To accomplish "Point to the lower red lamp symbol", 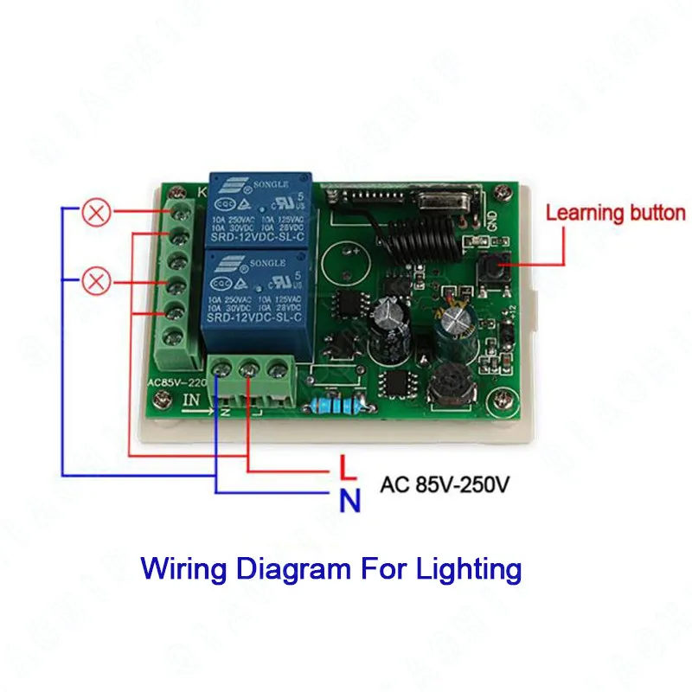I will tap(96, 280).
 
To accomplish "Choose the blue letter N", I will tap(349, 499).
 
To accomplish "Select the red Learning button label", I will tap(615, 213).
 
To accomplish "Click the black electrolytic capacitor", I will tap(387, 329).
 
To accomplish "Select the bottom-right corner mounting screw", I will tap(501, 400).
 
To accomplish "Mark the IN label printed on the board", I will tap(192, 400).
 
